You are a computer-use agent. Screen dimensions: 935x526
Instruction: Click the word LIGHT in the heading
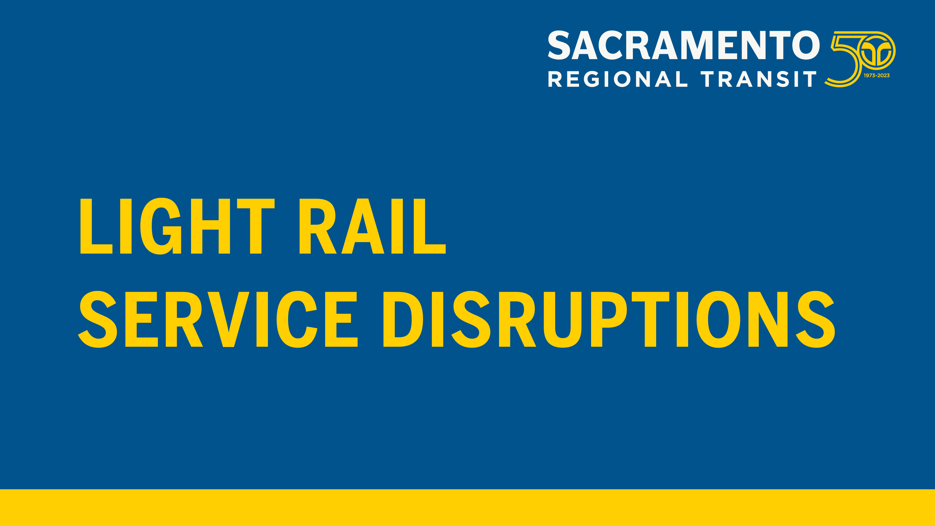[178, 226]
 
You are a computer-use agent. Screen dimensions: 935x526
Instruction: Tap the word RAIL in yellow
[373, 226]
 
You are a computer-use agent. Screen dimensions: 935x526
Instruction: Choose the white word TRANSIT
[758, 79]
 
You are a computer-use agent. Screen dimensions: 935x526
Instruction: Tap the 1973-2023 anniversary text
[877, 75]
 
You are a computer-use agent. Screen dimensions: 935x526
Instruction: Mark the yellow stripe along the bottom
[467, 507]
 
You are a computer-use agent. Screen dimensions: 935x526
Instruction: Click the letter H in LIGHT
[210, 226]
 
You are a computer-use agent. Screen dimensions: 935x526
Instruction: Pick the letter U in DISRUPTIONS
[562, 320]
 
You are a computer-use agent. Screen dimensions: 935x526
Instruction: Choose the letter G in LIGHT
[160, 226]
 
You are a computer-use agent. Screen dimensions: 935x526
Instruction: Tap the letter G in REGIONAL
[593, 79]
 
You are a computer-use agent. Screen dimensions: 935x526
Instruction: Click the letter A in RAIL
[363, 226]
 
